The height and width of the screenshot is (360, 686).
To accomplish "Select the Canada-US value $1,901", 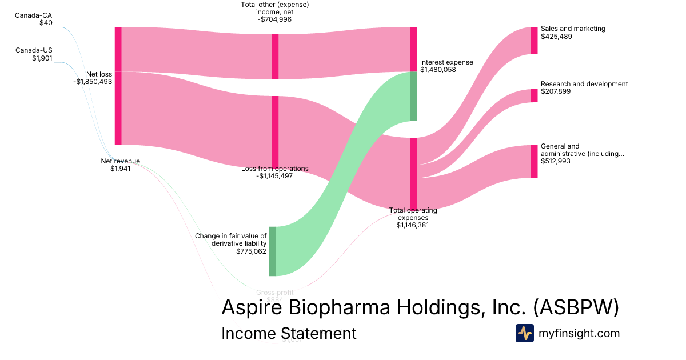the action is click(x=42, y=58).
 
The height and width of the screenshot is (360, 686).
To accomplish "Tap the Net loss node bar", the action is click(x=118, y=86).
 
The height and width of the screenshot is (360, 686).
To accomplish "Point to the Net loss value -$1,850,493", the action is click(x=93, y=82).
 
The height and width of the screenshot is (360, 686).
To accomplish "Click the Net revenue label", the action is click(x=120, y=161).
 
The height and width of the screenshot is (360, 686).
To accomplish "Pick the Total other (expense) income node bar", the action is click(x=275, y=57).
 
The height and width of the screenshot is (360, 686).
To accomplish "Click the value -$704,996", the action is click(x=275, y=19).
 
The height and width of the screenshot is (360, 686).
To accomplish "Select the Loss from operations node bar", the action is click(x=275, y=131).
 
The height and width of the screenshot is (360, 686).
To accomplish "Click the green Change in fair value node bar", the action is click(x=273, y=251).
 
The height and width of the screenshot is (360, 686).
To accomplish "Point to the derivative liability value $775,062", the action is click(x=251, y=251).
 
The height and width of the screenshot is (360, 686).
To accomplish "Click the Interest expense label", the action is click(x=446, y=62).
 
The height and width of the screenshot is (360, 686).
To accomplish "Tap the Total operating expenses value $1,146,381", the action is click(x=413, y=225).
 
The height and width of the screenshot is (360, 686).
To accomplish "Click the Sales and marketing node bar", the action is click(x=534, y=40).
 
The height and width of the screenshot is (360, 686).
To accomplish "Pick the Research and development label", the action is click(x=584, y=84).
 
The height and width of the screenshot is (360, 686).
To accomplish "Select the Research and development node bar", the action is click(x=534, y=95).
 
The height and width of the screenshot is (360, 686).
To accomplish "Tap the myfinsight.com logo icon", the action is click(x=524, y=333).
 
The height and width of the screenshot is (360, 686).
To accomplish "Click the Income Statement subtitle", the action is click(x=289, y=333).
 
